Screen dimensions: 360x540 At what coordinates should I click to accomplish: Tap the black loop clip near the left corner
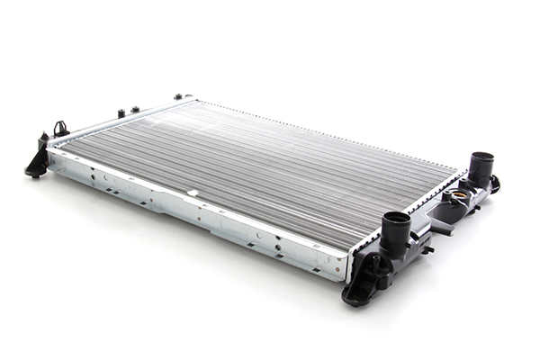point(61,130)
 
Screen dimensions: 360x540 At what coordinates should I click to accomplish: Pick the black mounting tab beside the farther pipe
point(494,184)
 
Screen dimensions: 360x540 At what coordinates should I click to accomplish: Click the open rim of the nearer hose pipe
point(396,219)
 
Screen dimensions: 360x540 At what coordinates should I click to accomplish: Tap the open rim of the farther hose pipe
point(481,157)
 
